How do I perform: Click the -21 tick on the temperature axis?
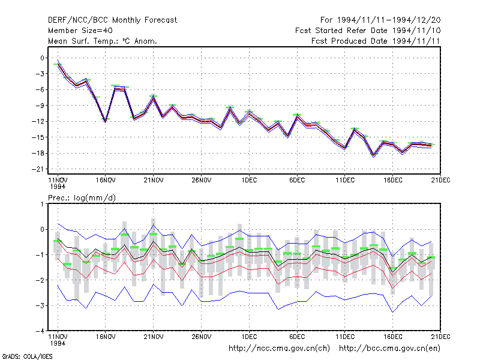(38, 169)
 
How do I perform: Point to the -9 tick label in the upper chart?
(40, 106)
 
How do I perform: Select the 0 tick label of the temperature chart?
(42, 58)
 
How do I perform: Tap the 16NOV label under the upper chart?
(106, 181)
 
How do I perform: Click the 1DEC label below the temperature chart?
(249, 181)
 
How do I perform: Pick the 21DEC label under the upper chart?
(440, 181)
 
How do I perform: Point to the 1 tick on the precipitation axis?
(42, 204)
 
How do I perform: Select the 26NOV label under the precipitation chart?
(202, 337)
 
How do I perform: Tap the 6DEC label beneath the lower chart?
(297, 337)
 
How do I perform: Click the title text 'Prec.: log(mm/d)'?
(82, 198)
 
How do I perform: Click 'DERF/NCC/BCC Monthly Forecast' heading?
(112, 20)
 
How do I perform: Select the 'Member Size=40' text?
(80, 31)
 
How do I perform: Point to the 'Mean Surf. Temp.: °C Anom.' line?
(103, 41)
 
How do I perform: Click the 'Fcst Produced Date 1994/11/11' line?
(376, 41)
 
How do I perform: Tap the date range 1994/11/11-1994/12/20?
(389, 20)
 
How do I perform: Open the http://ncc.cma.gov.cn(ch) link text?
(279, 349)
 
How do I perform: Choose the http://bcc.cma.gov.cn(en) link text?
(389, 349)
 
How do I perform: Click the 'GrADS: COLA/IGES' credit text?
(27, 356)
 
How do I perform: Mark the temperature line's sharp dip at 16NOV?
(106, 122)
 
